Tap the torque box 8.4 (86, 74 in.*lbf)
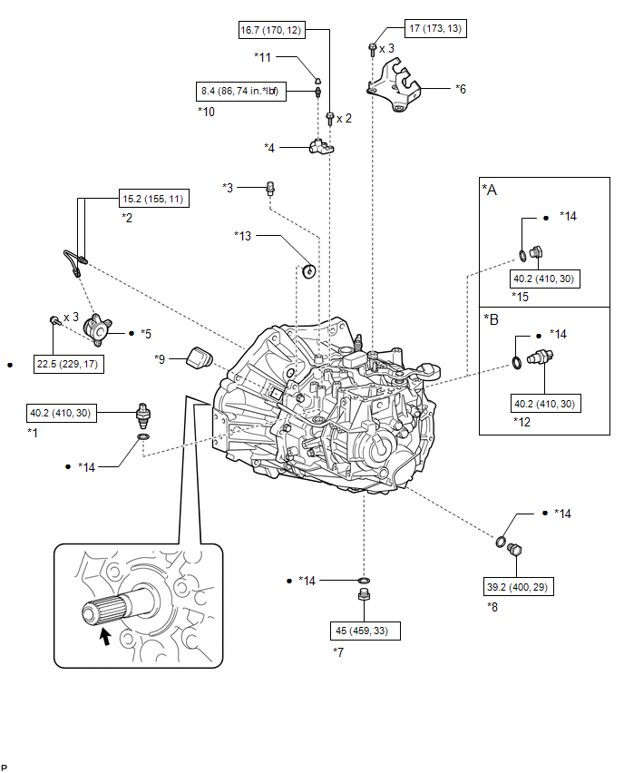coord(241,92)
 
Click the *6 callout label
coord(461,89)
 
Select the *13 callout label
coord(242,236)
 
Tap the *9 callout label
coord(160,359)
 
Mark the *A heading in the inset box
coord(490,190)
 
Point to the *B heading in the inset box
coord(491,319)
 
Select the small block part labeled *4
coord(321,146)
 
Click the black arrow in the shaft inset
coord(105,636)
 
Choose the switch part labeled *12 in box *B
coord(541,356)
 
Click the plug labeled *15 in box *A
coord(536,252)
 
